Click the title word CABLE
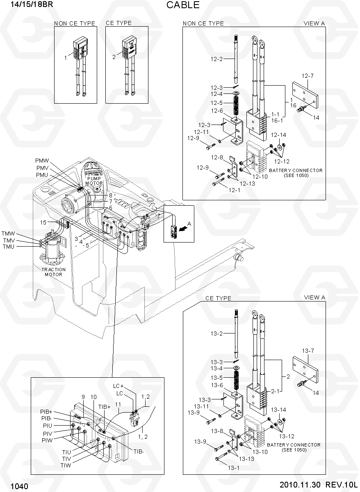click(183, 5)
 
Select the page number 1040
click(19, 486)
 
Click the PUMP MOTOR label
click(94, 181)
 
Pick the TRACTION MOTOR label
click(53, 272)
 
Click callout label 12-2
click(216, 59)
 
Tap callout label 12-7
click(308, 76)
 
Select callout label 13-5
click(216, 378)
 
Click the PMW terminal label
click(42, 161)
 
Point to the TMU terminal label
click(8, 247)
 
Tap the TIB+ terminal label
click(104, 407)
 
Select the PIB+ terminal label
click(46, 412)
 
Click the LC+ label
click(118, 386)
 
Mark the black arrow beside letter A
click(182, 229)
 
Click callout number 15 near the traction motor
click(43, 222)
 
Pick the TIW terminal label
click(66, 465)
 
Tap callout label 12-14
click(278, 135)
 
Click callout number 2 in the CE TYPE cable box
click(114, 57)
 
